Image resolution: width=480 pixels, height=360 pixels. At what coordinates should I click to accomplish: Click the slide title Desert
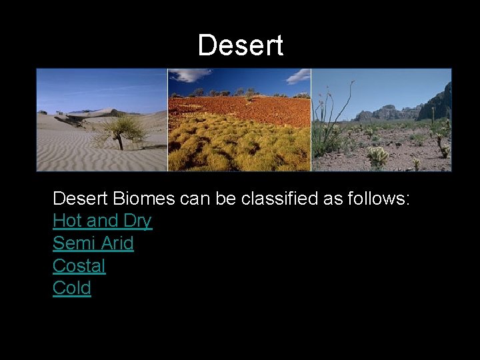point(240,45)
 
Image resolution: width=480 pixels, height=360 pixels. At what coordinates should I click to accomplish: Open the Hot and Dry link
point(102,221)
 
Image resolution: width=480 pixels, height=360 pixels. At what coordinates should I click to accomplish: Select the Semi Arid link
point(93,243)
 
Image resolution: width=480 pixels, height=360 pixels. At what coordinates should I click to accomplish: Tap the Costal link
point(79,266)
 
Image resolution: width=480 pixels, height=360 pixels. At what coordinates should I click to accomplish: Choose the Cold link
point(71,289)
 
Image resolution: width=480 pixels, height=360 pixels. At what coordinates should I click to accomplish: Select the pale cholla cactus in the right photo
point(379,157)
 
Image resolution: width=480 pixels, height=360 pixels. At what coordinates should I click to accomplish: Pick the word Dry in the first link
point(137,221)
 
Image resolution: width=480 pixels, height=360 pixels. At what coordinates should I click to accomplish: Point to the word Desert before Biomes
point(81,199)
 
